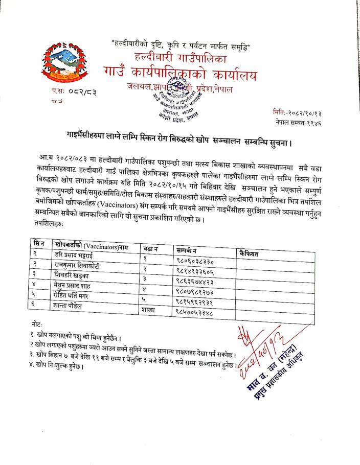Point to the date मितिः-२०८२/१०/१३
pyautogui.click(x=298, y=112)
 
